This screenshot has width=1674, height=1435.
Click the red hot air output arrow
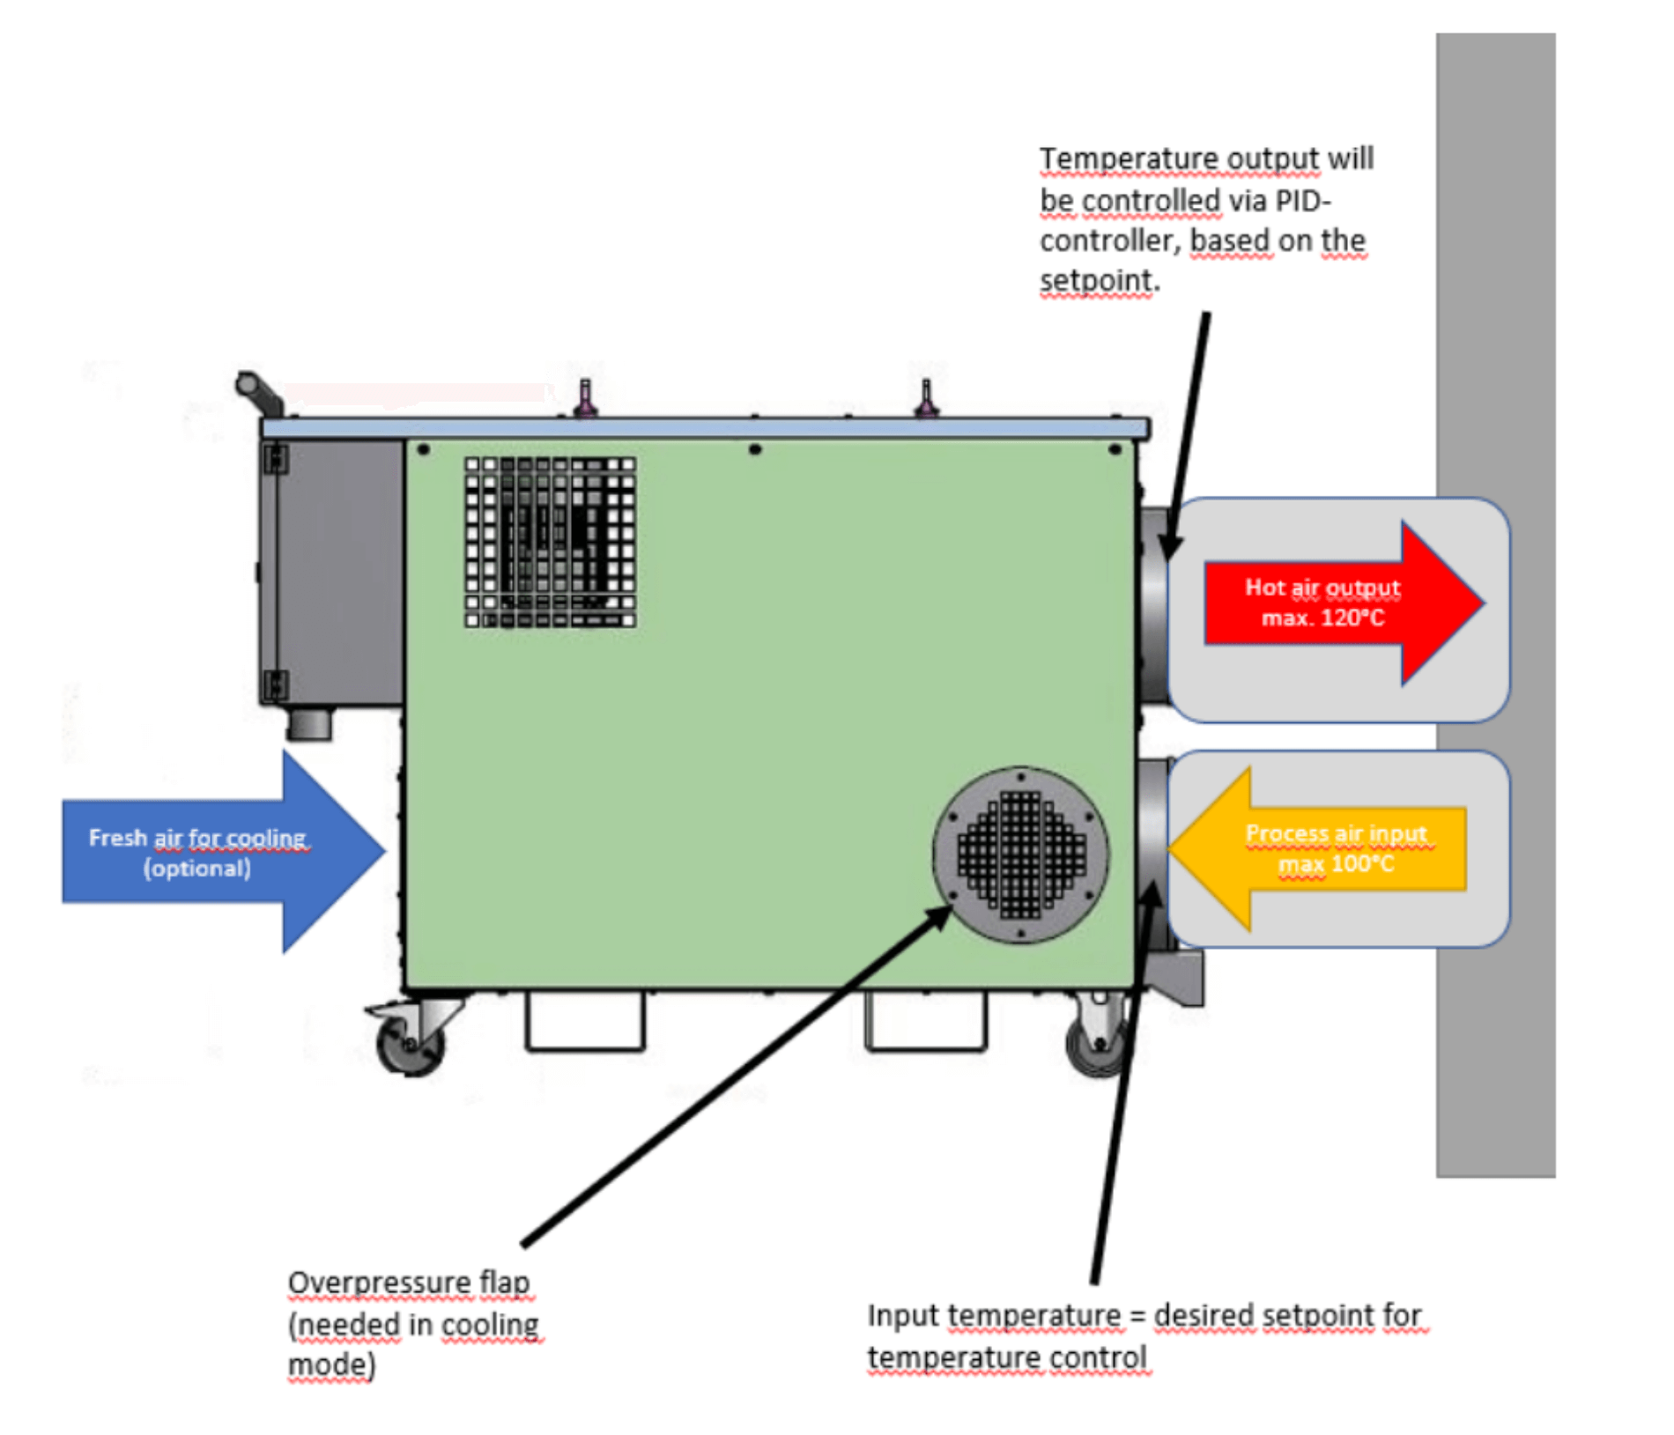point(1344,603)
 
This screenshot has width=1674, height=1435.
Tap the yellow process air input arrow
point(1317,849)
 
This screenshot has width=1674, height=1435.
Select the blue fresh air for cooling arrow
point(225,852)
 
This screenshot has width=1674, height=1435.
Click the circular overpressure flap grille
point(1021,854)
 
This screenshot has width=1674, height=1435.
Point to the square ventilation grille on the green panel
point(550,542)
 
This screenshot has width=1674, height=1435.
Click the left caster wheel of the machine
point(410,1042)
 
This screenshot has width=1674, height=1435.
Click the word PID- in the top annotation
point(1303,201)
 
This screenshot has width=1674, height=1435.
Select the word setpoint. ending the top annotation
point(1100,281)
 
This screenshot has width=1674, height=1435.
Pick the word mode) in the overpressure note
point(331,1365)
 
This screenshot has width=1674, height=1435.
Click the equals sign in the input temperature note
point(1137,1316)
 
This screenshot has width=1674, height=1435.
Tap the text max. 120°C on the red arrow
point(1322,618)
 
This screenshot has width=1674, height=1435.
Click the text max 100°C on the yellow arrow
point(1336,863)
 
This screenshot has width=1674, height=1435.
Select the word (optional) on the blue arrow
point(197,869)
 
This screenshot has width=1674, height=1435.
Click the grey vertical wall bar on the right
point(1495,605)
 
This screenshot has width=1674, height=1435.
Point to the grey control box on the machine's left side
point(333,573)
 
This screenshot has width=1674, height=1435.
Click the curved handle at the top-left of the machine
point(258,393)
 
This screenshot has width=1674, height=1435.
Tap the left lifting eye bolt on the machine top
point(585,397)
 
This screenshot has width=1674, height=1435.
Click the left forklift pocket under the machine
point(585,1022)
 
